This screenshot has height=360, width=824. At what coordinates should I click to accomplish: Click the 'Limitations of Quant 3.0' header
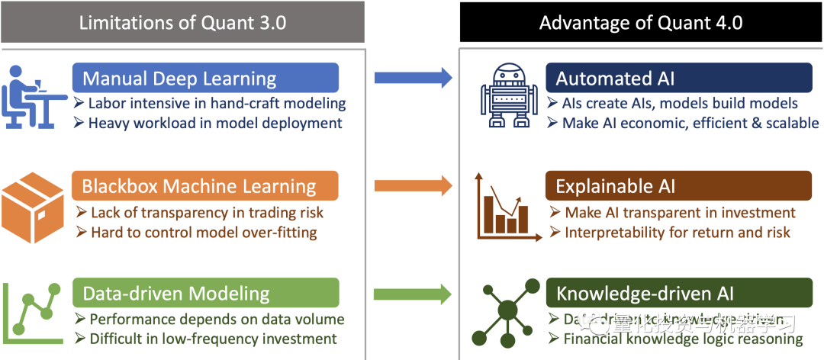click(x=182, y=22)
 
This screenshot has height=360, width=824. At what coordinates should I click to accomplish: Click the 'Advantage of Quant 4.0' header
click(x=641, y=22)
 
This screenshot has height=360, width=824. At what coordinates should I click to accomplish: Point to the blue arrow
click(x=413, y=77)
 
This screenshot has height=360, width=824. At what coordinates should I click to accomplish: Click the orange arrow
click(x=413, y=185)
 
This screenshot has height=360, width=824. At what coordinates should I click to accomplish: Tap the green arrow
click(x=413, y=293)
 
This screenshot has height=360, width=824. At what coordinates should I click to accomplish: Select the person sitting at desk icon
click(x=31, y=96)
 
